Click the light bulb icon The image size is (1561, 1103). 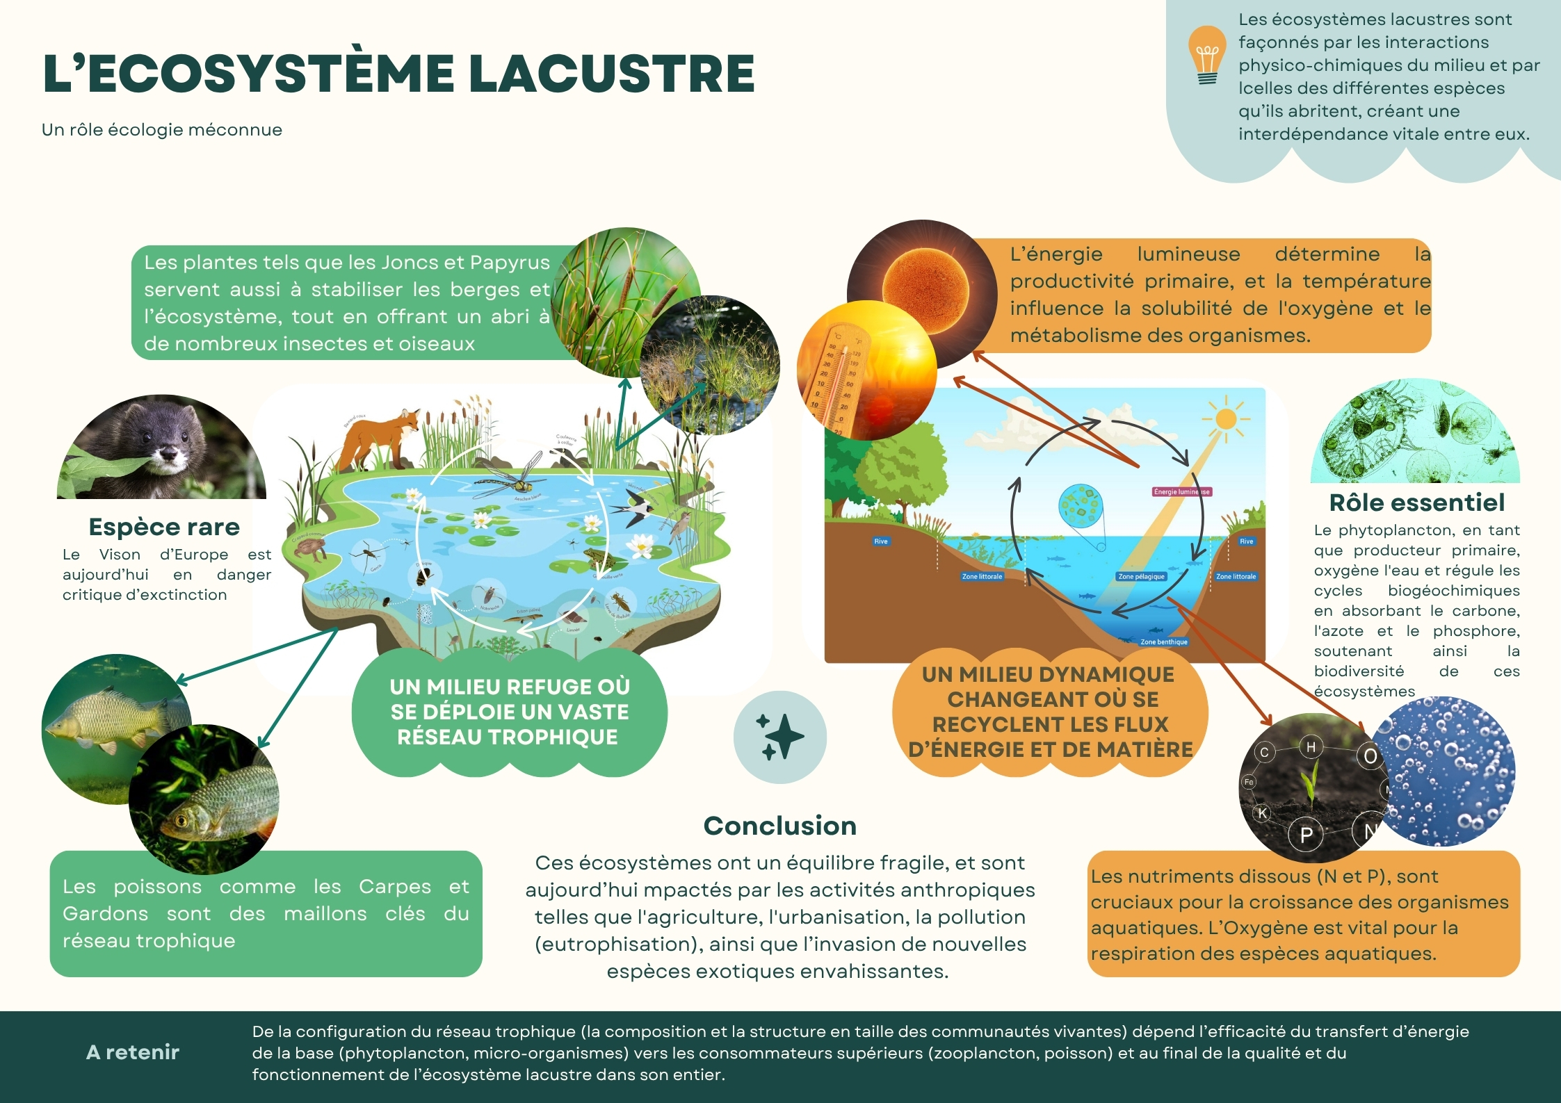tap(1207, 55)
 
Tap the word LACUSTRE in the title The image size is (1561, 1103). tap(612, 74)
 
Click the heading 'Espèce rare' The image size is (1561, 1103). tap(164, 527)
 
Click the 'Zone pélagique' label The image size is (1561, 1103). tap(1141, 576)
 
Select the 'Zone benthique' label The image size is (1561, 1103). tap(1164, 642)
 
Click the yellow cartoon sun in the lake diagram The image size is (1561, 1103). tap(1225, 418)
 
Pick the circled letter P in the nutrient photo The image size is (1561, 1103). tap(1306, 835)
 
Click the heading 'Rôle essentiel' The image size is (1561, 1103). tap(1416, 502)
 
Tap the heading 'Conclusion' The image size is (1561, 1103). tap(779, 826)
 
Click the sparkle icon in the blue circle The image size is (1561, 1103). tap(779, 737)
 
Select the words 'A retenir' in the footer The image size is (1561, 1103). tap(133, 1052)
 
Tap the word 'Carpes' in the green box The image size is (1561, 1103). tap(394, 887)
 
